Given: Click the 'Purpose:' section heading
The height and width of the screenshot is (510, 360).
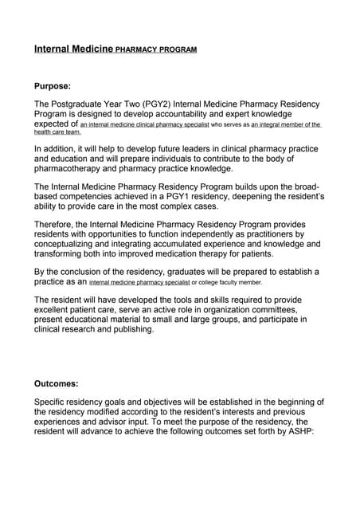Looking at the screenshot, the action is coord(53,85).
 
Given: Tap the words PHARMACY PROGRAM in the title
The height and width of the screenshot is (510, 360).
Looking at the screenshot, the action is coord(156,49).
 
